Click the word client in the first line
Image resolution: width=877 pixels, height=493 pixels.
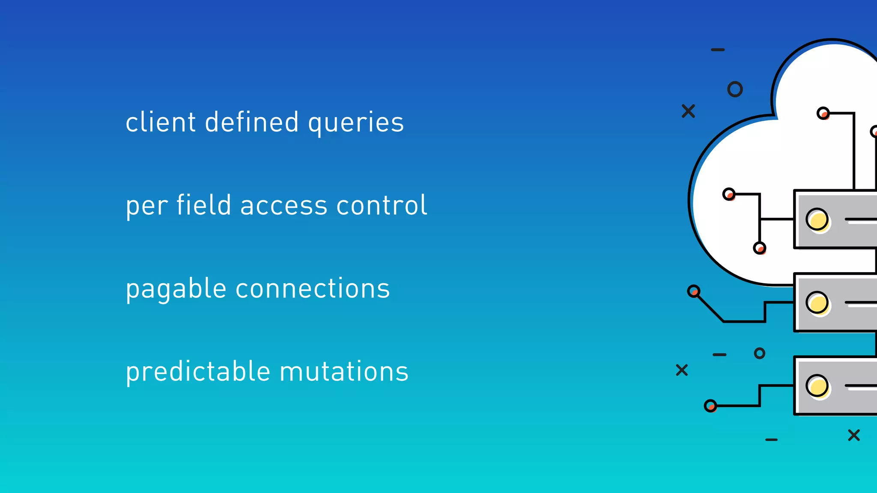coord(161,122)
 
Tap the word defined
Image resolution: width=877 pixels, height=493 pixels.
coord(252,122)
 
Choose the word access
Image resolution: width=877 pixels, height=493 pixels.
coord(283,205)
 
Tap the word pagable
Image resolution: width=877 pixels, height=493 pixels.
coord(176,289)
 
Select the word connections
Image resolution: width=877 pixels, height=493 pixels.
coord(313,288)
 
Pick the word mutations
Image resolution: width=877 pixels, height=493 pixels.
coord(344,371)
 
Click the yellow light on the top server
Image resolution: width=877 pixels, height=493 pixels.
coord(817,220)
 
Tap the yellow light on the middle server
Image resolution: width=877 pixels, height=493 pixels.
coord(817,303)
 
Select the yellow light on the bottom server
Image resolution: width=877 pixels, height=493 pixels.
coord(817,386)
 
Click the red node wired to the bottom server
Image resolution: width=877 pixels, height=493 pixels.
coord(710,406)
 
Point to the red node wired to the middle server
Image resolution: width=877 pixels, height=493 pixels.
coord(694,291)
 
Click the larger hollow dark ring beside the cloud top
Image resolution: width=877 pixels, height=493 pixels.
coord(735,89)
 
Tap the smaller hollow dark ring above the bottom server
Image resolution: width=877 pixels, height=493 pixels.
coord(759,353)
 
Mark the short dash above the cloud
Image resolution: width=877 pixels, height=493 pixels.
coord(718,50)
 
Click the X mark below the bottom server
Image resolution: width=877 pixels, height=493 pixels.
coord(854,435)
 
